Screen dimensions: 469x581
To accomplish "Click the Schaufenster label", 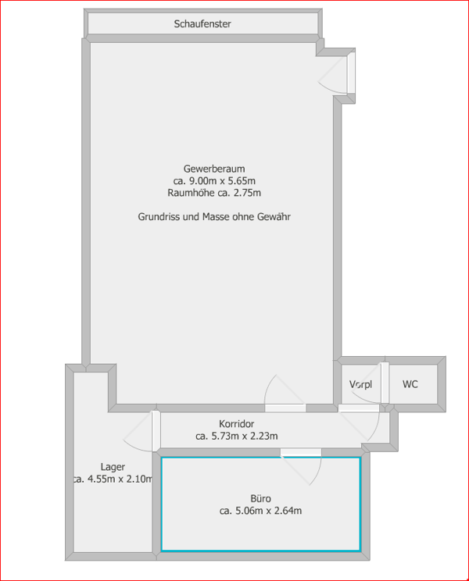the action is [x=202, y=24].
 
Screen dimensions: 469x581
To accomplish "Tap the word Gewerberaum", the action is [x=214, y=169].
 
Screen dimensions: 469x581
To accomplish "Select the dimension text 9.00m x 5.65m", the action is [x=222, y=181].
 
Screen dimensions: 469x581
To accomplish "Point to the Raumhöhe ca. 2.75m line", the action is [x=214, y=193].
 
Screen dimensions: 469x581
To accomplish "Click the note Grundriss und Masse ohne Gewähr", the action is [x=214, y=216].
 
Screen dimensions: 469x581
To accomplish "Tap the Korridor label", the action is [x=237, y=423].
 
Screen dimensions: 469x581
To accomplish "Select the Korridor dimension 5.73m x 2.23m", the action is [x=245, y=436].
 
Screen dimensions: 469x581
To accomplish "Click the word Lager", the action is [x=113, y=467].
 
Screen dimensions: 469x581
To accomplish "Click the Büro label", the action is [x=260, y=498].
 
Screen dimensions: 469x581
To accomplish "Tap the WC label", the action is [x=410, y=384].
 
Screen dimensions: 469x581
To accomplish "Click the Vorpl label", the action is [x=361, y=384].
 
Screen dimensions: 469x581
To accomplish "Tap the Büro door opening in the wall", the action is [x=301, y=452].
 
